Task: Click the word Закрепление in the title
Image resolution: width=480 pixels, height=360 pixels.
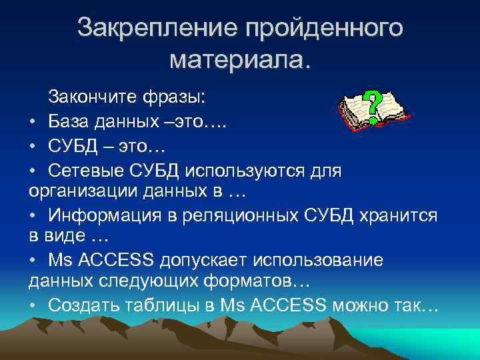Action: point(157,28)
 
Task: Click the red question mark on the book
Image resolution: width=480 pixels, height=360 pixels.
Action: point(373,102)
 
